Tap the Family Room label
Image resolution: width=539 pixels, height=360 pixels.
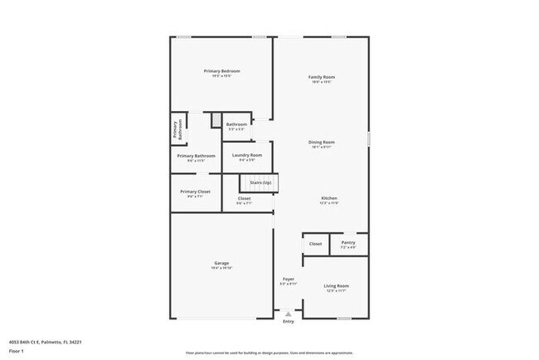(323, 77)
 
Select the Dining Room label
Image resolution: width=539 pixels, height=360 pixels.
(323, 142)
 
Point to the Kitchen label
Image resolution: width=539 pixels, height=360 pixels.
(329, 198)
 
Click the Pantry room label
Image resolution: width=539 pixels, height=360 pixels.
(348, 243)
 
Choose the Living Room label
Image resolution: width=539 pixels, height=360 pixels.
(336, 286)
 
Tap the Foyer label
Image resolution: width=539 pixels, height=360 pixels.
(288, 280)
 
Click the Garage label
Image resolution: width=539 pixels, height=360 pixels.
(221, 264)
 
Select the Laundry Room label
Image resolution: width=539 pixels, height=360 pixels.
(247, 155)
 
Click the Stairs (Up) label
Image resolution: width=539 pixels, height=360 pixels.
(260, 182)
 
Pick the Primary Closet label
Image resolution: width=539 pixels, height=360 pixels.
(195, 192)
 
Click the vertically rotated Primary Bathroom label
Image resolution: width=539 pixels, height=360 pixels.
(176, 130)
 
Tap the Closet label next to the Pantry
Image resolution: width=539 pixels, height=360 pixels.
(316, 244)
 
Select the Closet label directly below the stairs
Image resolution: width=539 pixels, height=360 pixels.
(245, 198)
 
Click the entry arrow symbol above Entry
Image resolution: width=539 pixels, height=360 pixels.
(288, 314)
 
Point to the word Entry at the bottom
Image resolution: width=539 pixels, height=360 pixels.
(288, 322)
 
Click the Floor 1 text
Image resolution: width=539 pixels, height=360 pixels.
(17, 350)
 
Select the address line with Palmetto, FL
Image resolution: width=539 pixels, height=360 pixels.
(46, 341)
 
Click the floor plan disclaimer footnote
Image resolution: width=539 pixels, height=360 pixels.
(269, 352)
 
